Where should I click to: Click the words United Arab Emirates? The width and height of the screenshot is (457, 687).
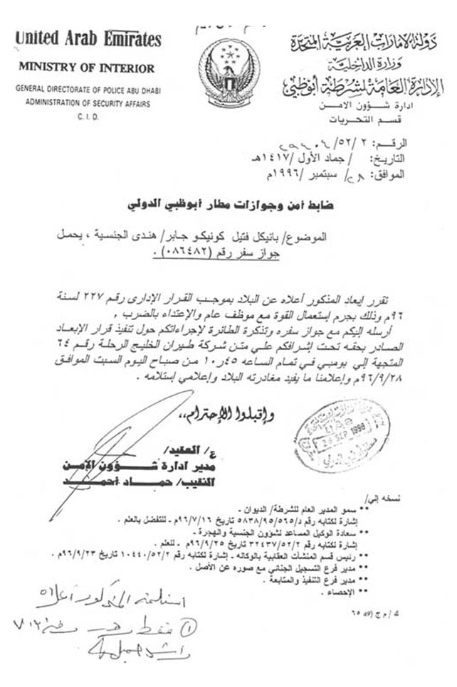[88, 38]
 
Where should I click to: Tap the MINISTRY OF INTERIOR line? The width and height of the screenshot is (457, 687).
[86, 68]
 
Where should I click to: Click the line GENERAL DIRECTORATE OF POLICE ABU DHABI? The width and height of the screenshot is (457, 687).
[87, 91]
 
